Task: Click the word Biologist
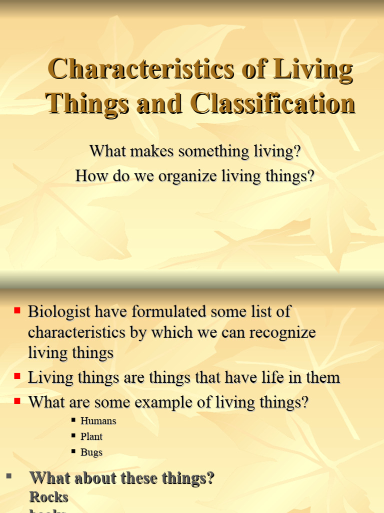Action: coord(59,312)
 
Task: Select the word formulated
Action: coord(165,312)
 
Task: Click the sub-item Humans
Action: coord(98,421)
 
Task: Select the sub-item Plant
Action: coord(91,437)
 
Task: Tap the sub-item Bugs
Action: coord(91,452)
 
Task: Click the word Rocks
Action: coord(48,497)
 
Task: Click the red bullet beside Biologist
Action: coord(17,311)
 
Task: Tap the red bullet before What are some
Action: coord(17,401)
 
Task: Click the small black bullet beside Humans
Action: coord(73,420)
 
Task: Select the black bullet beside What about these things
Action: coord(8,476)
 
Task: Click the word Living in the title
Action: coord(315,70)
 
